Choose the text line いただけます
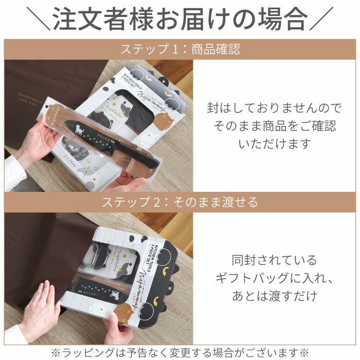(x=275, y=143)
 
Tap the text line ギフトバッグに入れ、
(x=275, y=278)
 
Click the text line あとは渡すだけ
(x=275, y=296)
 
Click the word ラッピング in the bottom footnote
(x=85, y=352)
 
